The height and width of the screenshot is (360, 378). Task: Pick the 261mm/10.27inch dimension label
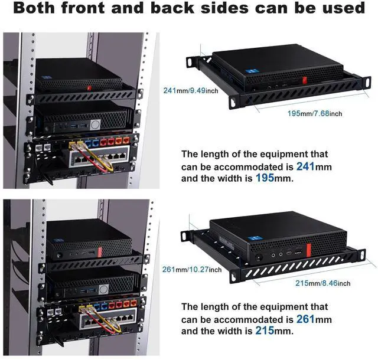tap(187, 269)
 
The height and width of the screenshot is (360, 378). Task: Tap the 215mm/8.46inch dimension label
tap(323, 283)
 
